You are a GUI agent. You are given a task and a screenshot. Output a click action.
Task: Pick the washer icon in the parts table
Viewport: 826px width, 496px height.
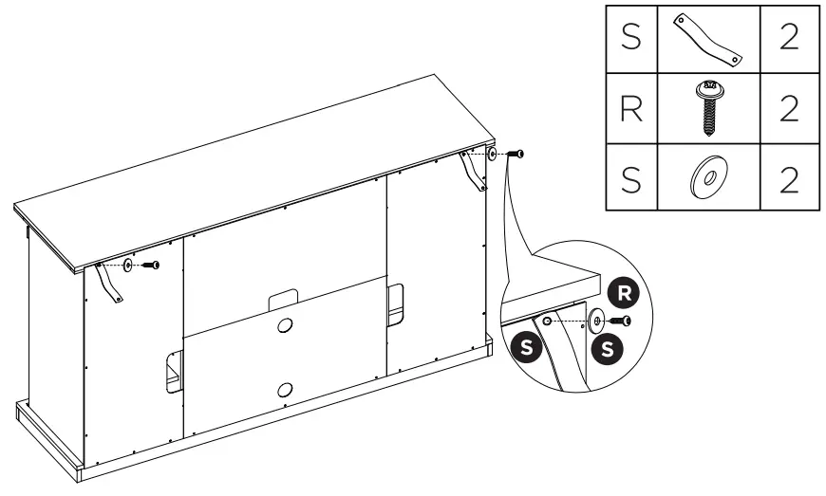pos(707,177)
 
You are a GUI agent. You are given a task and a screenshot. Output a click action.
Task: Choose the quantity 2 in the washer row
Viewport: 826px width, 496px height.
pos(787,177)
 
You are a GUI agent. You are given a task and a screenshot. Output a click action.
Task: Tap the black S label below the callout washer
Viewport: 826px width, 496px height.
pos(608,349)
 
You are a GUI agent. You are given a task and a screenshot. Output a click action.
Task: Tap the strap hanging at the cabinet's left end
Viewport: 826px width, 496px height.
pos(110,284)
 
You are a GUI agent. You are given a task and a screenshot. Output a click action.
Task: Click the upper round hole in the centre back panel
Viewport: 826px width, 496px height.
pos(285,324)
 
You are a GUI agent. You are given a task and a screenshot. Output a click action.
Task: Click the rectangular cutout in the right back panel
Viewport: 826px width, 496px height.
pos(397,299)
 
